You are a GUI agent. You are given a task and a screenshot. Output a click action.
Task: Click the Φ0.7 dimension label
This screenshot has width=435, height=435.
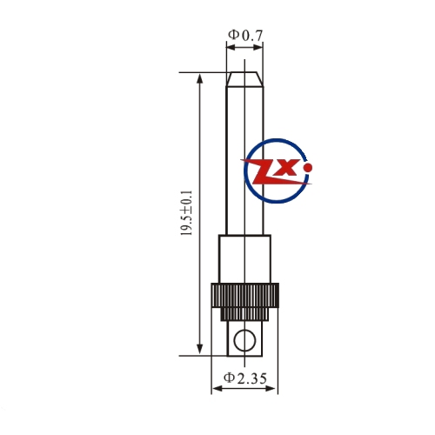[x=245, y=36]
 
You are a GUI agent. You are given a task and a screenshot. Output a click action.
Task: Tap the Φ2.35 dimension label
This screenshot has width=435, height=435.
[x=245, y=378]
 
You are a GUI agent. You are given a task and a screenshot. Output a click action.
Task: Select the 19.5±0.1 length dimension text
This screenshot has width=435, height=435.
[x=186, y=213]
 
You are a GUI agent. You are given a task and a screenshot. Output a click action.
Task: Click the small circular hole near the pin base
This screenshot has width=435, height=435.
[x=245, y=340]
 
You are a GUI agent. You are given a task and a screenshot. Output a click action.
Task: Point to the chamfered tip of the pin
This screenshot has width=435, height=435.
[x=245, y=79]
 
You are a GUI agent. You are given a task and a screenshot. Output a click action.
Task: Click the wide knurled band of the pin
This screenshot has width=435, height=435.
[x=245, y=295]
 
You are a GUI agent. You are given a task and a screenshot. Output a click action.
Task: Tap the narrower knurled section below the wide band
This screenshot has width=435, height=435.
[x=245, y=314]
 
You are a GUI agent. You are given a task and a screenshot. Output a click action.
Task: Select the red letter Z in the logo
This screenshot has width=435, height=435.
[x=263, y=172]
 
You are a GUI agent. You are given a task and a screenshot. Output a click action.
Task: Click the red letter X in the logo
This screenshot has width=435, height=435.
[x=288, y=168]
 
